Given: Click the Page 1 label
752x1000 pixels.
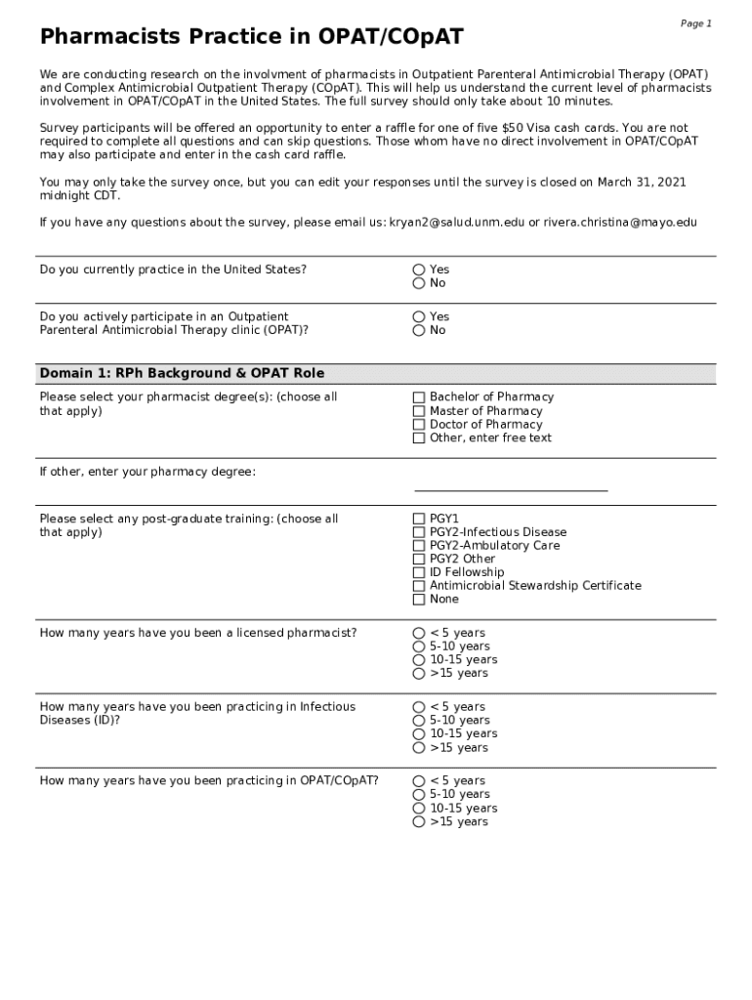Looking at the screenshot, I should click(695, 23).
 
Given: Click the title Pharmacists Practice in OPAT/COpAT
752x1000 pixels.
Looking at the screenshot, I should click(251, 38).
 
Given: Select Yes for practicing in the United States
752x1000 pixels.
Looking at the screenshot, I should click(419, 270).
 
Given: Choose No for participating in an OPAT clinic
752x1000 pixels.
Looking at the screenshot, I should click(419, 330).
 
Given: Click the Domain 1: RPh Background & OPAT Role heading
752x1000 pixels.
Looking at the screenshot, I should click(182, 373).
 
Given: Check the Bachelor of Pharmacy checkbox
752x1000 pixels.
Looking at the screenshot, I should click(419, 397).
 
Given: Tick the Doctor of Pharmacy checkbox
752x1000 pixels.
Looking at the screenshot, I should click(419, 425).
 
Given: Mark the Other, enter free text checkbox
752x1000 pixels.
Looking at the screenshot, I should click(419, 438).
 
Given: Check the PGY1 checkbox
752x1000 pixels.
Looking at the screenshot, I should click(419, 519).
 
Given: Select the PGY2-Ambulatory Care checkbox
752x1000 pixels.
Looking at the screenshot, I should click(419, 546).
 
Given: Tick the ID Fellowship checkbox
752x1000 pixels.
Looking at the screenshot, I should click(419, 572).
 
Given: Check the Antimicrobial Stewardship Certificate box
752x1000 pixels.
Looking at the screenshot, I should click(419, 586).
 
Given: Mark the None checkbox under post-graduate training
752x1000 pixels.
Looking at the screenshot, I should click(419, 600).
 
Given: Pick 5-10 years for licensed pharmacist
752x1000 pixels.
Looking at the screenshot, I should click(419, 646).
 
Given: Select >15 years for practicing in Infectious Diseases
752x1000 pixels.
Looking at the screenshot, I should click(419, 748).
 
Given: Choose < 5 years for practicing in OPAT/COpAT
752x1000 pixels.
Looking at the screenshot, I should click(419, 781).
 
